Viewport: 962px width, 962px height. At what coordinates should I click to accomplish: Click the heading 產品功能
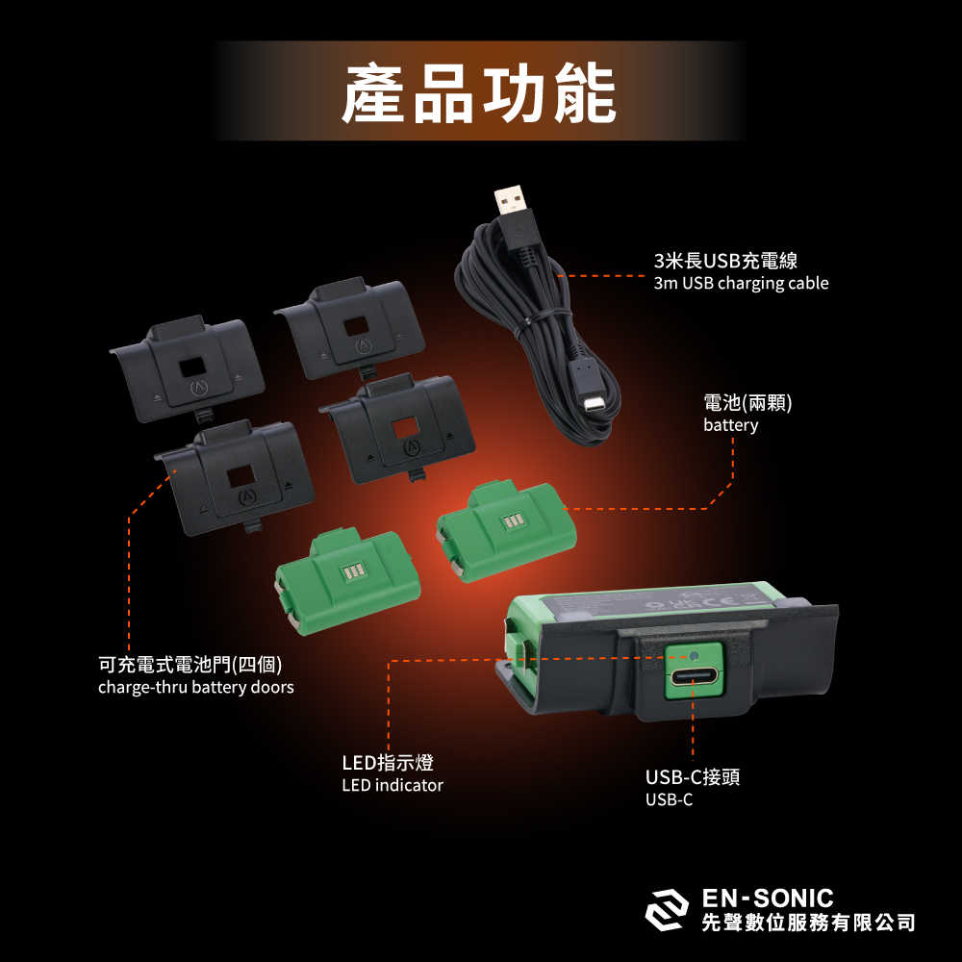478,93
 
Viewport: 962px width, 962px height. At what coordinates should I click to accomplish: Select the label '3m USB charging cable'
741,283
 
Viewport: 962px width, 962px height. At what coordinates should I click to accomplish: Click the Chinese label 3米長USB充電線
725,261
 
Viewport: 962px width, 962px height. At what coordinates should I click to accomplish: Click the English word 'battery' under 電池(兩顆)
730,425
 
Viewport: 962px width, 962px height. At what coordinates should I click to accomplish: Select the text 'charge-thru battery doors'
195,687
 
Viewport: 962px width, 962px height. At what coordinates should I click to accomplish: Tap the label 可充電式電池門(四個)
190,665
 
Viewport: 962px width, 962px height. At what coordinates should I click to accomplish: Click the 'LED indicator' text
392,785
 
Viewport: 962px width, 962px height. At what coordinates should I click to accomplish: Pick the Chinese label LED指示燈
388,763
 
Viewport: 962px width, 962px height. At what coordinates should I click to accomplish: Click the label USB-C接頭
693,777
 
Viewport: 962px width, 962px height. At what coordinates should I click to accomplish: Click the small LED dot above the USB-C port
693,656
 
